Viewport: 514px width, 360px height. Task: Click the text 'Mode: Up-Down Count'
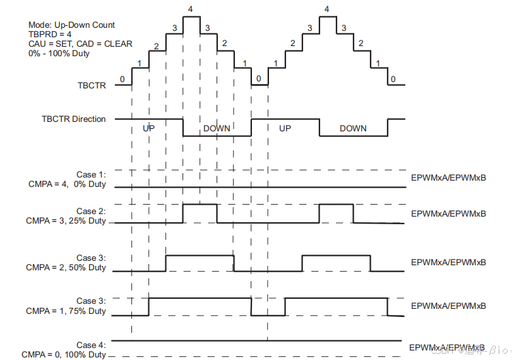point(71,25)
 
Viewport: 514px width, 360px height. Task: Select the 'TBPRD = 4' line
point(50,35)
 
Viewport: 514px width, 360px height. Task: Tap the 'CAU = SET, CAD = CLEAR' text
point(80,44)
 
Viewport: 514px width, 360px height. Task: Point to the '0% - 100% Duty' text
point(59,54)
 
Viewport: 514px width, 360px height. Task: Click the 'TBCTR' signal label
point(92,85)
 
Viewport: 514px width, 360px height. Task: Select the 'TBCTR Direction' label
point(73,119)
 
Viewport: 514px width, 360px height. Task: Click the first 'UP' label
point(148,128)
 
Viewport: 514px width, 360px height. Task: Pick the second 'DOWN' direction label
point(353,128)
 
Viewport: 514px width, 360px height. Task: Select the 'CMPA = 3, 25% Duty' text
point(66,221)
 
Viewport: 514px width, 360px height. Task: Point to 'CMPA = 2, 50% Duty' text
point(66,267)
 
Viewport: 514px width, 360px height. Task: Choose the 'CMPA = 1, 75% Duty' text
point(66,311)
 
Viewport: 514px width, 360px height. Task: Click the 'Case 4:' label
point(91,345)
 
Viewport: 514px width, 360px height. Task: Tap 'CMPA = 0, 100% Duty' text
point(63,354)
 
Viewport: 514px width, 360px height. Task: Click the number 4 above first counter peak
point(191,8)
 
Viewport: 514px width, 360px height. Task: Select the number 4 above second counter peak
point(326,9)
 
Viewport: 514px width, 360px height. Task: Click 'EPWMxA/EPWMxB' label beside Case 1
point(448,177)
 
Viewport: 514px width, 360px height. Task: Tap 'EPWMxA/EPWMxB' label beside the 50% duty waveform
point(448,262)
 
